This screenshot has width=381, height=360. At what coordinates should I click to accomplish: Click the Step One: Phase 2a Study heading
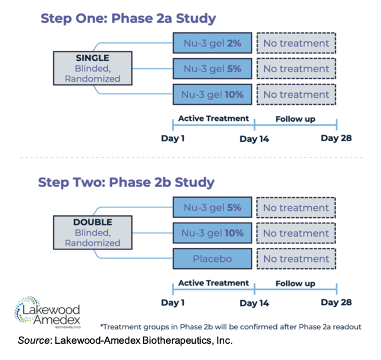[x=128, y=19]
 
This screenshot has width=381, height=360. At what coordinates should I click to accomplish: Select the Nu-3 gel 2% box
[x=213, y=43]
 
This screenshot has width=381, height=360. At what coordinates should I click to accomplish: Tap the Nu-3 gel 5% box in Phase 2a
[x=213, y=69]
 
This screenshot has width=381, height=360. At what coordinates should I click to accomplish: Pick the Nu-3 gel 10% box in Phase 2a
[x=213, y=94]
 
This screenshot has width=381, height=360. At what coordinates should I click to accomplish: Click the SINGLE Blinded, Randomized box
[x=93, y=68]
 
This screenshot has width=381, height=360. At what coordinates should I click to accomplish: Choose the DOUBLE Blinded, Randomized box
[x=93, y=233]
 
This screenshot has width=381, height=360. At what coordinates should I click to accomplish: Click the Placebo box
[x=213, y=259]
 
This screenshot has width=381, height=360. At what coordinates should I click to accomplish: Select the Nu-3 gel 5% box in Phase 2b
[x=213, y=207]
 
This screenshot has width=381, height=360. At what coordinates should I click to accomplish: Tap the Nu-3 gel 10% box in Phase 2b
[x=213, y=233]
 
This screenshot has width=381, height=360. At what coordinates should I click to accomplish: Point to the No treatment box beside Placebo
[x=296, y=259]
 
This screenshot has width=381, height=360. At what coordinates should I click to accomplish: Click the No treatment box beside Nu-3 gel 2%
[x=296, y=43]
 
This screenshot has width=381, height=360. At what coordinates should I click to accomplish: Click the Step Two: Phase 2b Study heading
[x=126, y=183]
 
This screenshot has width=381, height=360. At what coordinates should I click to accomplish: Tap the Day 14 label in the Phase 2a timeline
[x=254, y=139]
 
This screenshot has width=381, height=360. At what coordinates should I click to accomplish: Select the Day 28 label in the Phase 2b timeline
[x=336, y=302]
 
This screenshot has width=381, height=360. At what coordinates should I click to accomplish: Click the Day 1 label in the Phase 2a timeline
[x=173, y=138]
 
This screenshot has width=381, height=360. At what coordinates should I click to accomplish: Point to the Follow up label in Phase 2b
[x=295, y=284]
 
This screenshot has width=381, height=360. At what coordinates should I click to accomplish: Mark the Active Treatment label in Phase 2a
[x=213, y=119]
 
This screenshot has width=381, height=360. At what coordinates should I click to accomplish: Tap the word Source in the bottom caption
[x=34, y=340]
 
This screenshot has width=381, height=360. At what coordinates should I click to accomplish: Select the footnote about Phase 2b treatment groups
[x=231, y=327]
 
